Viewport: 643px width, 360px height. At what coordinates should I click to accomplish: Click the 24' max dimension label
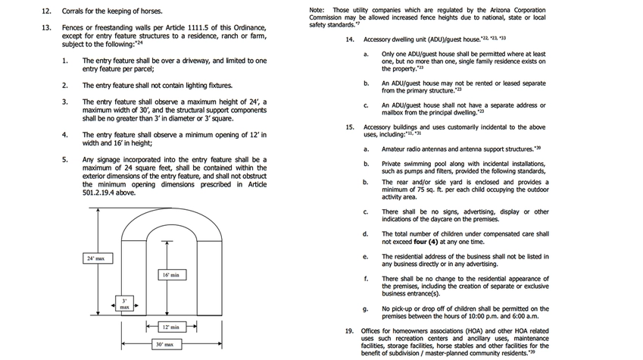click(x=95, y=259)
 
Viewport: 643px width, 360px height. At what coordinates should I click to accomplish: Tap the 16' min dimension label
click(x=170, y=274)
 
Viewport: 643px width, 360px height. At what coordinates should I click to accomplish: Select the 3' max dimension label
click(x=123, y=303)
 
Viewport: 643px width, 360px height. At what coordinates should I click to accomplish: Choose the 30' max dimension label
click(x=164, y=344)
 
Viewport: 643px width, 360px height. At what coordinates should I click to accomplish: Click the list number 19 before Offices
click(x=349, y=332)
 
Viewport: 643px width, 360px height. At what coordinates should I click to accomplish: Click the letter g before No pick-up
click(x=366, y=309)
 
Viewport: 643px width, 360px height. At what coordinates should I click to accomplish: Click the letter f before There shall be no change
click(x=365, y=278)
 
